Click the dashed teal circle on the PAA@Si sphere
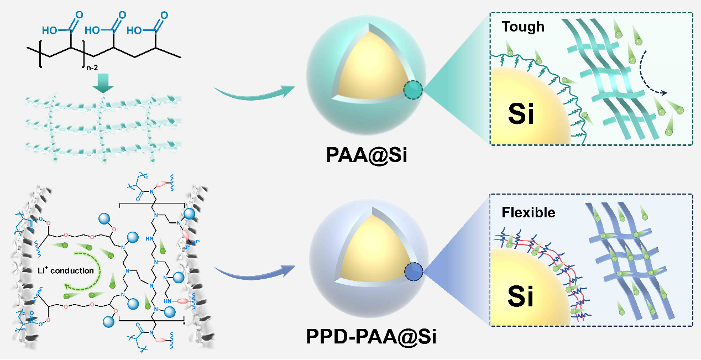413,90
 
